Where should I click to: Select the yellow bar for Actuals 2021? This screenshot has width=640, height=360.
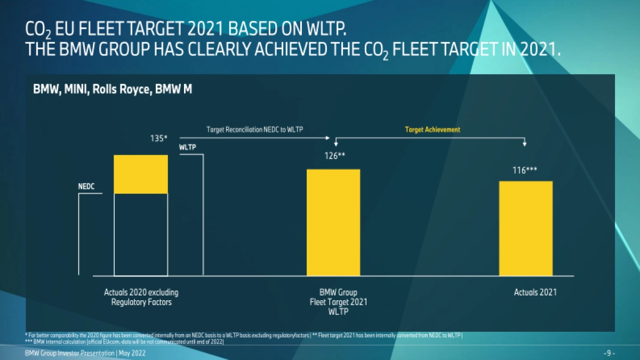click(x=525, y=228)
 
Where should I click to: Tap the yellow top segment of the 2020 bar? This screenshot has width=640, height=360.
click(x=141, y=174)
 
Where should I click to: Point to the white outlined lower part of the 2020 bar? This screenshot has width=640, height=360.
click(x=141, y=234)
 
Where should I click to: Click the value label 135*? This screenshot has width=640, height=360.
click(x=159, y=138)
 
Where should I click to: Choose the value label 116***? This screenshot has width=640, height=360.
click(x=525, y=170)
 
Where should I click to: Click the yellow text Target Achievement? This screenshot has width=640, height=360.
click(x=433, y=130)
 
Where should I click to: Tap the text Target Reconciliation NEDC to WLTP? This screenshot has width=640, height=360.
click(x=255, y=130)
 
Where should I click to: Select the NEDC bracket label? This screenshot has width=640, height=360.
click(x=87, y=187)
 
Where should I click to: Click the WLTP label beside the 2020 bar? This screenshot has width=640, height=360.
click(x=187, y=147)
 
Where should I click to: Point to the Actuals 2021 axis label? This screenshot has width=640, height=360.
click(x=535, y=292)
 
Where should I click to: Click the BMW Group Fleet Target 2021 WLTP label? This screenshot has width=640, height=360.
click(x=338, y=302)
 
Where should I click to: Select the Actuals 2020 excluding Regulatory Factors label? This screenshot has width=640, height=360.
click(x=141, y=297)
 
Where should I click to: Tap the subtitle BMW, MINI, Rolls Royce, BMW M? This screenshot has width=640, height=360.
click(x=113, y=90)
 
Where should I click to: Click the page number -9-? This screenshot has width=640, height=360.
click(x=609, y=354)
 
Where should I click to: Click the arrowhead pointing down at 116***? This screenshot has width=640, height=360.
click(x=525, y=144)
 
